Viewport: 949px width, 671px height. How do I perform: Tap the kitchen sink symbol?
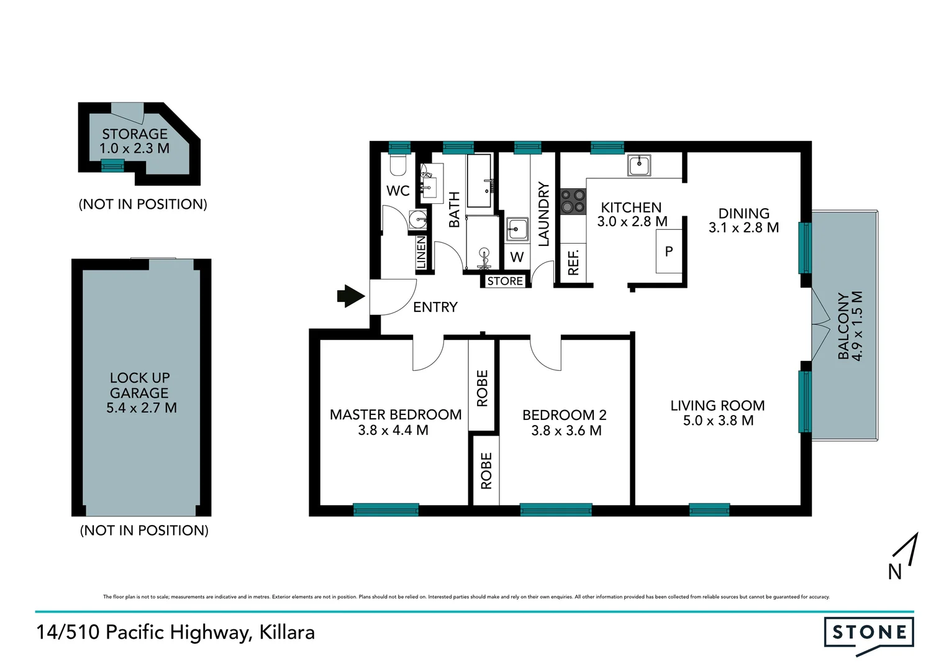(x=638, y=165)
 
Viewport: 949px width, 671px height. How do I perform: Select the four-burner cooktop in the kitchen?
(x=573, y=201)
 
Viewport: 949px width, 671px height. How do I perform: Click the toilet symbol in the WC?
(x=397, y=165)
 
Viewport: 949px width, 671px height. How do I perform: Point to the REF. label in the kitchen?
(x=573, y=263)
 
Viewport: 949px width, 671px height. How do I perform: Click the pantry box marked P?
(x=669, y=252)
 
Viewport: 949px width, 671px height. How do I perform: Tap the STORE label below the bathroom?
(x=505, y=281)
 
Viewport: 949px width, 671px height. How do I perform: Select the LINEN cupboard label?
(x=421, y=252)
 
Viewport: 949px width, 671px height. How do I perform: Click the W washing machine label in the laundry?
(x=517, y=257)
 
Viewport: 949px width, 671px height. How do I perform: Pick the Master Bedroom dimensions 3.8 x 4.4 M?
(x=393, y=431)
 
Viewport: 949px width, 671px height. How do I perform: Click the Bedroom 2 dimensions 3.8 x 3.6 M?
(x=566, y=431)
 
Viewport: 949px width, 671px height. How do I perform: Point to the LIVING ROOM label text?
(x=717, y=406)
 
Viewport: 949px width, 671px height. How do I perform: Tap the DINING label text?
(x=743, y=214)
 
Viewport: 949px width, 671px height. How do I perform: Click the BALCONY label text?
(x=843, y=326)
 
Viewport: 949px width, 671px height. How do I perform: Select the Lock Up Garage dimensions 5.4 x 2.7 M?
(x=142, y=408)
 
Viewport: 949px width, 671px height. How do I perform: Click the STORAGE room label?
(x=135, y=134)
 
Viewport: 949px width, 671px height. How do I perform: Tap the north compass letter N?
(x=894, y=572)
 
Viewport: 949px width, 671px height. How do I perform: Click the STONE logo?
(x=869, y=633)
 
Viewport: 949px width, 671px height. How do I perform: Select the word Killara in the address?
(x=287, y=632)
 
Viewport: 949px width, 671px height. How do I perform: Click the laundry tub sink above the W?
(x=517, y=229)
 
